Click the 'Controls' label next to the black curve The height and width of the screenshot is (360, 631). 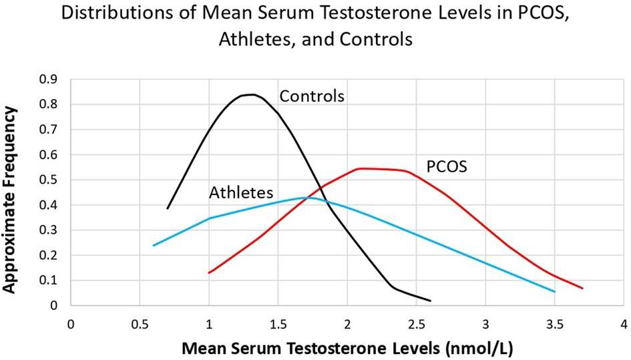click(x=311, y=96)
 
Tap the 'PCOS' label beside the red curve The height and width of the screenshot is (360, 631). click(x=446, y=166)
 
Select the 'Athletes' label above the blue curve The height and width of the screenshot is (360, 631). click(x=241, y=193)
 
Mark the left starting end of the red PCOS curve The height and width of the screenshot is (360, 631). click(x=209, y=273)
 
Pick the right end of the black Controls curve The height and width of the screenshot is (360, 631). click(x=430, y=301)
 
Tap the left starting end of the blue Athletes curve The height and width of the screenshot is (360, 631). click(x=154, y=246)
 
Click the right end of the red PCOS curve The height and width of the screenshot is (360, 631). click(x=582, y=289)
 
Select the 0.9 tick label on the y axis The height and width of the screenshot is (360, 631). click(x=49, y=79)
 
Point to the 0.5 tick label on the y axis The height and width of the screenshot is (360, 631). click(x=49, y=180)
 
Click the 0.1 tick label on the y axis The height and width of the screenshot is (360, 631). click(x=49, y=281)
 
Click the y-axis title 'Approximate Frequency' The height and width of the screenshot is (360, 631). click(x=11, y=192)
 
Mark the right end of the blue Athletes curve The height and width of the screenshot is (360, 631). click(x=554, y=292)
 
